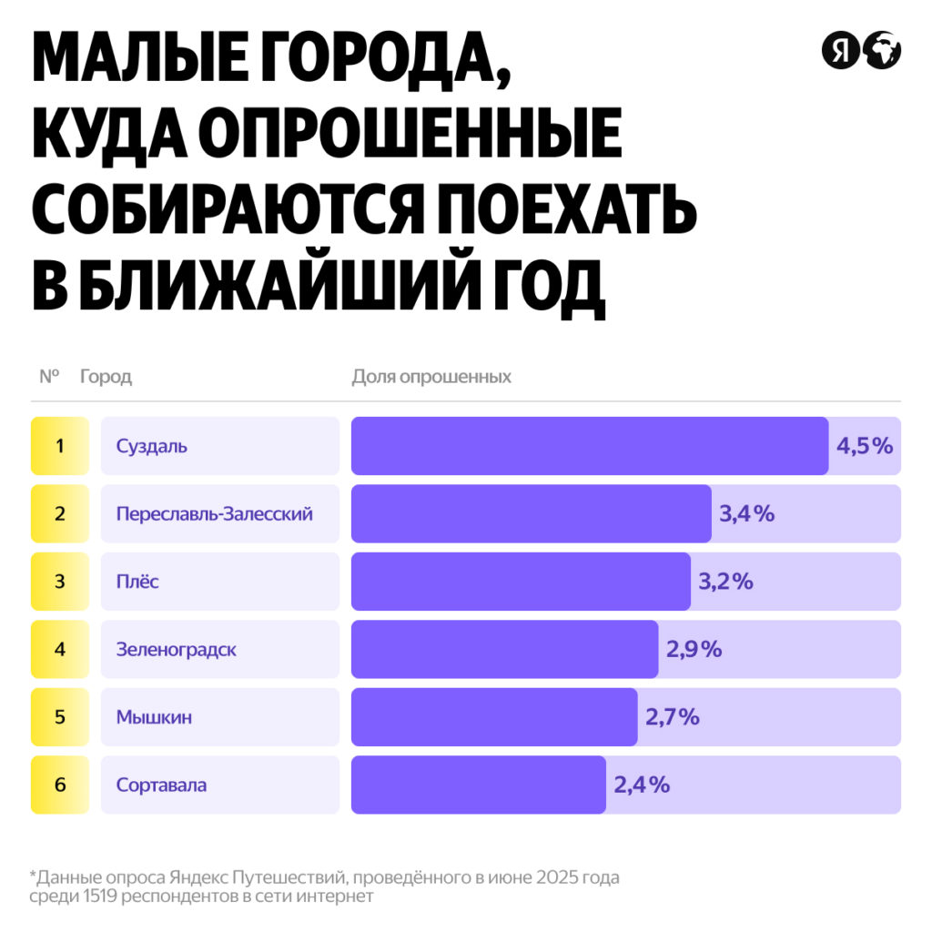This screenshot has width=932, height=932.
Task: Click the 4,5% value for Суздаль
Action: [x=865, y=446]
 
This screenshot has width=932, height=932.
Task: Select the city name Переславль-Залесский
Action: [x=214, y=513]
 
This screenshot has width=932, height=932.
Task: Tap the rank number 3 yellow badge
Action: [x=60, y=581]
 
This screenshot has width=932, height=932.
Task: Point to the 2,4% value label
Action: [x=642, y=785]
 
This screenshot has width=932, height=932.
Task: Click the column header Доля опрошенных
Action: [x=431, y=377]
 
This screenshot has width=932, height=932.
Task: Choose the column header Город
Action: [x=106, y=377]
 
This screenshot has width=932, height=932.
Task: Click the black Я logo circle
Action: [x=840, y=50]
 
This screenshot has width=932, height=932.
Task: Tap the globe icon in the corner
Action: [x=882, y=50]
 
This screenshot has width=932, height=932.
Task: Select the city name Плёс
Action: [x=137, y=581]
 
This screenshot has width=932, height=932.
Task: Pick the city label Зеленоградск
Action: [x=176, y=649]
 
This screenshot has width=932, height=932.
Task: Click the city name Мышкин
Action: [x=154, y=716]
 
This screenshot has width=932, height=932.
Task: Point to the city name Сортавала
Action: [x=161, y=785]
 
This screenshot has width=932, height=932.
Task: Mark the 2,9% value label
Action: [x=694, y=649]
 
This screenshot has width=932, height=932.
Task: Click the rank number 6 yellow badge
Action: [x=60, y=785]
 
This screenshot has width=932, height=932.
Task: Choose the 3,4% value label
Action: [x=746, y=513]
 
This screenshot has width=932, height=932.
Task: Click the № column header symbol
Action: [x=49, y=377]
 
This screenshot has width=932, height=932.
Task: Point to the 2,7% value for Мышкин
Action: [x=673, y=716]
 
